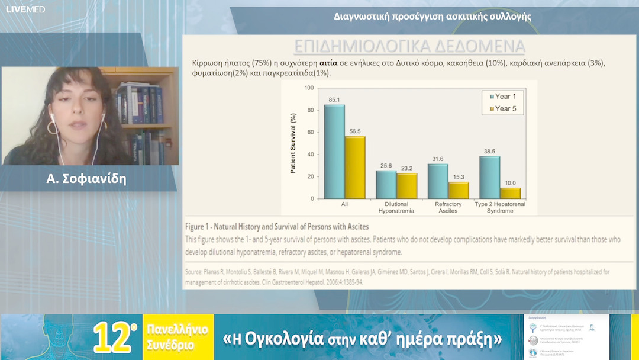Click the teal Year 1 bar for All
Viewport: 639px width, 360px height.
334,152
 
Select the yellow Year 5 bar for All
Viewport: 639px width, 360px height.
355,168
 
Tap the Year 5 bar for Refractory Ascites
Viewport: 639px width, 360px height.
459,190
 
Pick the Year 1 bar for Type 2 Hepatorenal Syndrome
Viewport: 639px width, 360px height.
490,177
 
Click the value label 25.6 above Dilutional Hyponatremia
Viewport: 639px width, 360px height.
386,165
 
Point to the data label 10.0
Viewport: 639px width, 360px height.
511,183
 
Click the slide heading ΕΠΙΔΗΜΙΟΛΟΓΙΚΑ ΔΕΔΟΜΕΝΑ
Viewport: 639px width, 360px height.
409,47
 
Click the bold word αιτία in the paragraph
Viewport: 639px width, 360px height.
329,62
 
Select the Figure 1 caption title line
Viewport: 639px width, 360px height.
277,227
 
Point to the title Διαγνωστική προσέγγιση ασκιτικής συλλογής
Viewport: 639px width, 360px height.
433,17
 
